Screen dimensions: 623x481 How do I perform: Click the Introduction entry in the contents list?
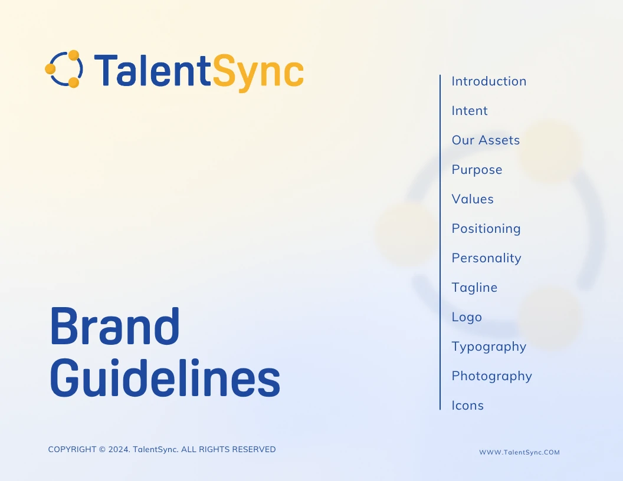(488, 81)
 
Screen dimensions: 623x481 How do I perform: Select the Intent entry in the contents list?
(469, 110)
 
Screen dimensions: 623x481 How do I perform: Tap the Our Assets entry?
(486, 140)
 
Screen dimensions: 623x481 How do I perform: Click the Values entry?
(473, 199)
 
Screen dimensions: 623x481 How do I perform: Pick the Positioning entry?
(486, 229)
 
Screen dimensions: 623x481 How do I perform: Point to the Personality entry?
(486, 259)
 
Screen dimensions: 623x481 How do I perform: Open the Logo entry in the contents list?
(467, 318)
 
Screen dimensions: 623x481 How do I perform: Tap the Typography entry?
(488, 347)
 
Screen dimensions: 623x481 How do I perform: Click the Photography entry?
(491, 377)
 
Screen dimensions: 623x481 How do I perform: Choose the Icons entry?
(468, 405)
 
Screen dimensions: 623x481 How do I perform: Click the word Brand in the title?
(115, 326)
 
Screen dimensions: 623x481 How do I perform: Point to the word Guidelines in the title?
(165, 377)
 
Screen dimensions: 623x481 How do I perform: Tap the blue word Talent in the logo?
(152, 70)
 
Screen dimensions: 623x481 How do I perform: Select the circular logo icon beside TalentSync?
(64, 68)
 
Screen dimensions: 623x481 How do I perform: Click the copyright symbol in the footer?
(102, 449)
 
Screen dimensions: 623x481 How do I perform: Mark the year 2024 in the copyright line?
(119, 449)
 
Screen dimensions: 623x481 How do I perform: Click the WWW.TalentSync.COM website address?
(519, 452)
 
